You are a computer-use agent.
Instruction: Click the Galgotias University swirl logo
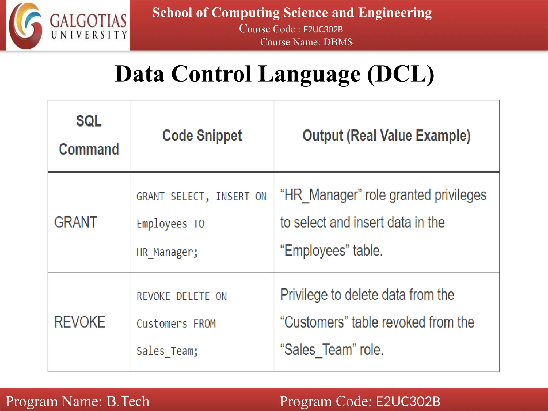coord(25,26)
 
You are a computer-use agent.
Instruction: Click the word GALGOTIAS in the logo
coord(88,21)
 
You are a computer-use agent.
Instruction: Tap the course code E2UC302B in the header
coord(323,29)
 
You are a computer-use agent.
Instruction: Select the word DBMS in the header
coord(338,42)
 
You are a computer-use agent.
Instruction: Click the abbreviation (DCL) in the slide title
coord(401,74)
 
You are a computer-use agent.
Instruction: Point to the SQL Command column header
coord(89,135)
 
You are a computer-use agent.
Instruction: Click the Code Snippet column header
coord(202,135)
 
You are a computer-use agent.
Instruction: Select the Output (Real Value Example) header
coord(386,135)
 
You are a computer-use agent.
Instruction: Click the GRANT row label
coord(76,222)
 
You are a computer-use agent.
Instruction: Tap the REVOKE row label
coord(80,322)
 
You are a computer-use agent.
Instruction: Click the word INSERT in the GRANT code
coord(233,197)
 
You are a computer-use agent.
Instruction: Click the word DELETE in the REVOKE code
coord(193,296)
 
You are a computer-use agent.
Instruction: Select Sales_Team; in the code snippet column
coord(167,351)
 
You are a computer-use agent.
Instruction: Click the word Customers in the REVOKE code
coord(162,324)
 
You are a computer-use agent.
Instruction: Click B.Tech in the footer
coord(128,401)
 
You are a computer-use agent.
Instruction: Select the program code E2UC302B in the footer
coord(408,401)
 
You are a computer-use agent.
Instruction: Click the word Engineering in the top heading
coord(395,13)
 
